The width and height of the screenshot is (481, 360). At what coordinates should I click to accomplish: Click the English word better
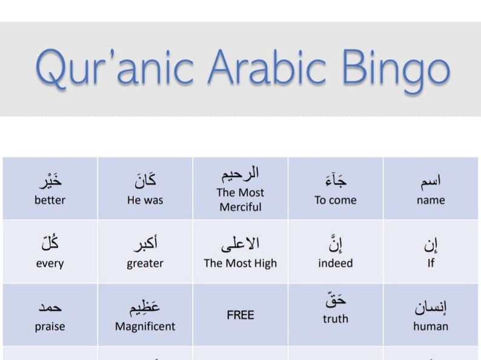tap(50, 200)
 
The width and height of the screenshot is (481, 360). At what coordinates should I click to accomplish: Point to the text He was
tap(145, 200)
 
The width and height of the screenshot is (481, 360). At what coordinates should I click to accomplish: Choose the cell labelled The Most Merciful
tap(240, 199)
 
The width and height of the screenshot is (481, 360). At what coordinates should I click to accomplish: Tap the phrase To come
tap(335, 200)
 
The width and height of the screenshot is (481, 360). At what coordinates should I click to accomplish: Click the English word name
tap(431, 200)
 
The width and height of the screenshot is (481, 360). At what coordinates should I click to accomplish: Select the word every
tap(50, 264)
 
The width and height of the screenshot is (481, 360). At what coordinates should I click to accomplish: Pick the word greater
tap(145, 264)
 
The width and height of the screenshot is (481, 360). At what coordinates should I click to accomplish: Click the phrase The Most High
tap(240, 263)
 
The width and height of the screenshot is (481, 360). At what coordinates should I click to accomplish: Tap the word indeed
tap(335, 263)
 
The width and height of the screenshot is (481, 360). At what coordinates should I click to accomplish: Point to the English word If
tap(431, 264)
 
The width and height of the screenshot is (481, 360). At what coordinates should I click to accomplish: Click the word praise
tap(50, 326)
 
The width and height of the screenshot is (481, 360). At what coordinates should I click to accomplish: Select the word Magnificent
tap(145, 326)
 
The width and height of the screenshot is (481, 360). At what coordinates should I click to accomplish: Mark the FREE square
tap(240, 315)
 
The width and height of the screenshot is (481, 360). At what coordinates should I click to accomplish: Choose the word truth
tap(335, 319)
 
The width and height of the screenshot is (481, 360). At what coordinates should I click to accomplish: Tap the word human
tap(431, 326)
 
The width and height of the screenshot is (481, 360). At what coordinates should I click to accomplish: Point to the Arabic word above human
tap(431, 307)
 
